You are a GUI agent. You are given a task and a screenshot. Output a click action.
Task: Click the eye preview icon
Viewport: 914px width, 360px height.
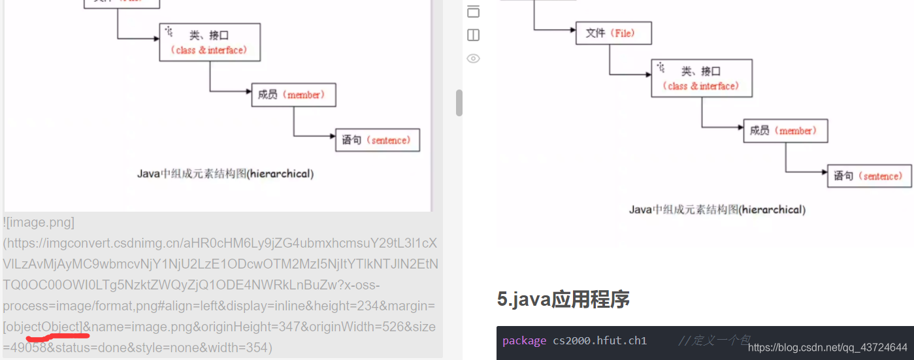click(x=474, y=59)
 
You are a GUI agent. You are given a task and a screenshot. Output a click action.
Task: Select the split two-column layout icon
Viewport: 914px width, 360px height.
click(x=474, y=35)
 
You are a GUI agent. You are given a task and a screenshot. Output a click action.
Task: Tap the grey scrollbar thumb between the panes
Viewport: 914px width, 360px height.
click(x=459, y=103)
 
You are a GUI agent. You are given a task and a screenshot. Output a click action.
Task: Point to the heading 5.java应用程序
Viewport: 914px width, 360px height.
click(x=563, y=299)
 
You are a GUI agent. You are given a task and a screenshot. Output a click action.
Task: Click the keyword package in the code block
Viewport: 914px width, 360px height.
click(x=524, y=341)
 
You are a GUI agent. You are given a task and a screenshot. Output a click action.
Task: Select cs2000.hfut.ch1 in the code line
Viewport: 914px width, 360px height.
click(x=600, y=341)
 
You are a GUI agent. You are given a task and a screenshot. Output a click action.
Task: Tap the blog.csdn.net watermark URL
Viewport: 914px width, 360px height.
click(x=827, y=348)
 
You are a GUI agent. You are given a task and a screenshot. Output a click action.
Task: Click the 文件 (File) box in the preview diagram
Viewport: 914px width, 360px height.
click(x=613, y=33)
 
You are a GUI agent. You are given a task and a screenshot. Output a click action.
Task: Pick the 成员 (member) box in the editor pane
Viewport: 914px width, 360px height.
click(x=293, y=95)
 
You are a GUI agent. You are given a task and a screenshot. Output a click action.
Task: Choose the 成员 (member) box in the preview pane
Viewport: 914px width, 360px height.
click(x=785, y=131)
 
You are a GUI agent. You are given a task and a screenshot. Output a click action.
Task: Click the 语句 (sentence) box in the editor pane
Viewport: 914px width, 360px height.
click(x=377, y=140)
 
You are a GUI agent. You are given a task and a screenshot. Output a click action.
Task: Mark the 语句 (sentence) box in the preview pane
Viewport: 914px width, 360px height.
click(x=869, y=176)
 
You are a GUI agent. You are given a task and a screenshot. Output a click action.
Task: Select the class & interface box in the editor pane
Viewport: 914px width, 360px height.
click(x=210, y=42)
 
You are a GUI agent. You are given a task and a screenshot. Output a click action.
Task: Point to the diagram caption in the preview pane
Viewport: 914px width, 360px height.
click(x=717, y=210)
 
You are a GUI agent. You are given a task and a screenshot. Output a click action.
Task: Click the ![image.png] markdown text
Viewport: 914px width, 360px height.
click(x=39, y=222)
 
